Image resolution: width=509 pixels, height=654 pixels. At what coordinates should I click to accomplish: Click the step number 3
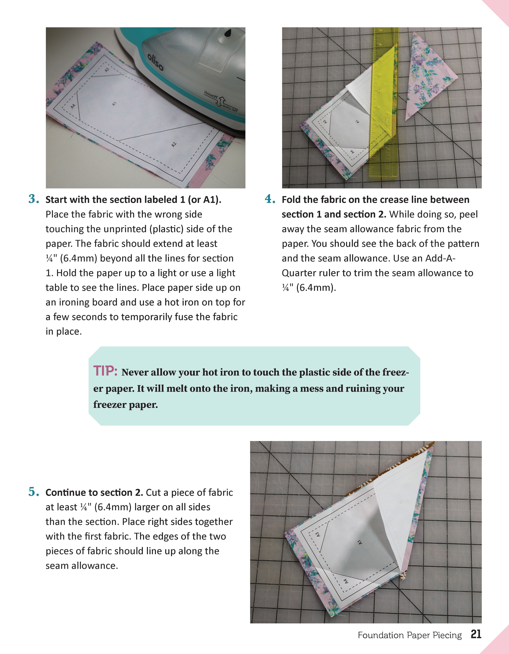pos(34,199)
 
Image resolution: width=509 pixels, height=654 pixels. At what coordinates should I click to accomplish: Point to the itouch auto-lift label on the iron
pos(221,102)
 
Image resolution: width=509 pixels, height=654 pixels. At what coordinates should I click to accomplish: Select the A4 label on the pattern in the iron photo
pos(73,106)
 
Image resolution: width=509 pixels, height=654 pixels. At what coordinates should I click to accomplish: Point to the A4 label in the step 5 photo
pos(345,581)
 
